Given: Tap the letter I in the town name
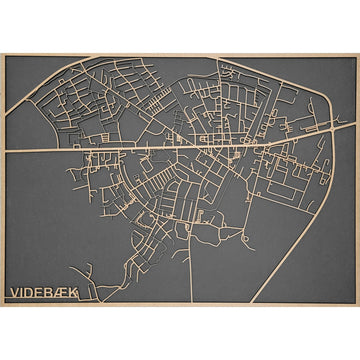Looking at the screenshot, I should [x=23, y=294].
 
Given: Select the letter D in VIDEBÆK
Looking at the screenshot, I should [x=31, y=294].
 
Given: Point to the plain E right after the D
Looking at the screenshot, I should [x=42, y=294].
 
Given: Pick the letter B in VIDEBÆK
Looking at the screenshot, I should [x=52, y=294].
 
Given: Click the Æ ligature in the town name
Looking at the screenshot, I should [x=65, y=294].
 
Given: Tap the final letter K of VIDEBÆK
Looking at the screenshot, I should [x=78, y=294].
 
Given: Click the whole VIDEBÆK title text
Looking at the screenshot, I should [x=46, y=294].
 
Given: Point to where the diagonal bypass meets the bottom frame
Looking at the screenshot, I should [x=251, y=302].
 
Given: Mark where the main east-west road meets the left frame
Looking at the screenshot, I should [x=5, y=151].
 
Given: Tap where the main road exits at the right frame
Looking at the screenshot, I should [x=355, y=133].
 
